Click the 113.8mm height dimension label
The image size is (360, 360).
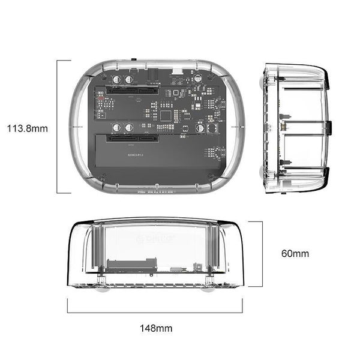pos(28,128)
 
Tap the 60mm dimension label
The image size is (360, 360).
pos(295,253)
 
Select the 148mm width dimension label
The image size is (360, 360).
pos(156,328)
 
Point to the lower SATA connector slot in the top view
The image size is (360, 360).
pos(133,139)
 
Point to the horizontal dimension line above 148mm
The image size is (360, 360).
pos(155,312)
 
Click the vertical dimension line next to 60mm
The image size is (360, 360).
pos(262,254)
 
